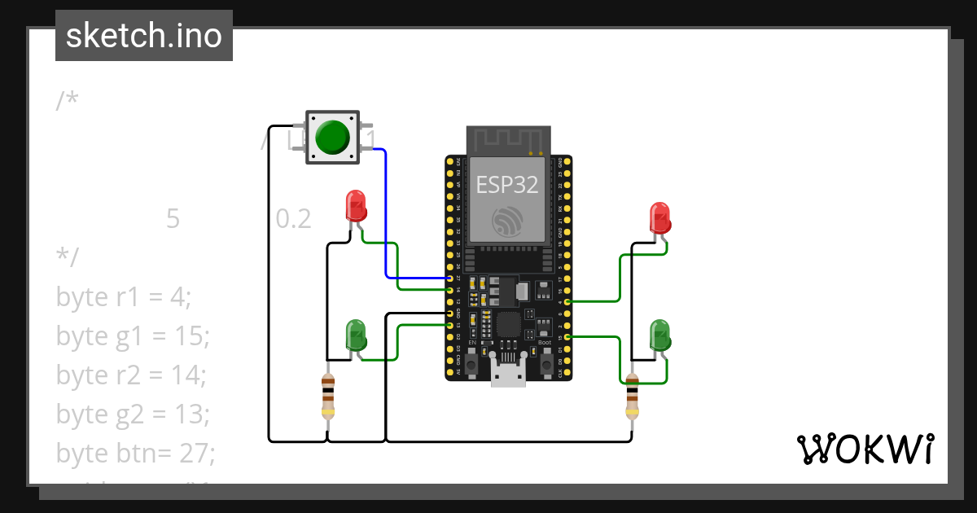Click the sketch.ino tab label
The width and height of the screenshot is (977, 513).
pos(143,36)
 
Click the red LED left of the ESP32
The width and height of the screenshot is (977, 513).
pos(356,206)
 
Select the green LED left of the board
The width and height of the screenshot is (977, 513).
pos(357,335)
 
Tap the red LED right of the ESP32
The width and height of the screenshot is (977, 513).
pos(659,218)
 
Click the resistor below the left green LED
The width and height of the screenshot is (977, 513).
pos(328,397)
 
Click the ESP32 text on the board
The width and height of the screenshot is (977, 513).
pos(507,185)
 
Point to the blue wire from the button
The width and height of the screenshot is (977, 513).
pos(385,220)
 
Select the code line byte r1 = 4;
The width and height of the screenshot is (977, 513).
pos(124,297)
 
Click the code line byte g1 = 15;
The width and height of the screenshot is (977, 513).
pos(133,336)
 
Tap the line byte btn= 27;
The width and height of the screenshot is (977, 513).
pos(136,453)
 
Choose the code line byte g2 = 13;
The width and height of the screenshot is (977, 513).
pos(133,414)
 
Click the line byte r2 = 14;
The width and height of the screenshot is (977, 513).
pos(131,375)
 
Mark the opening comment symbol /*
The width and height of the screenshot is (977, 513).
pos(68,101)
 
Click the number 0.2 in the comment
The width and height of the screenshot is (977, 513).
pos(293,219)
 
